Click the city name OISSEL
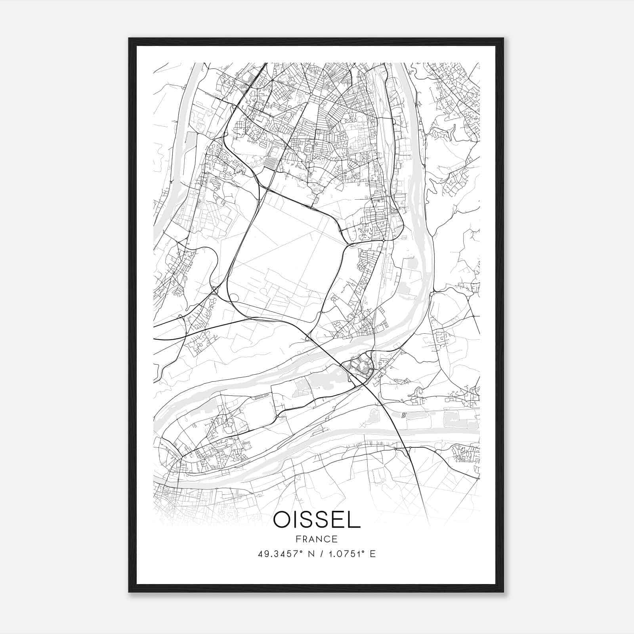(x=317, y=520)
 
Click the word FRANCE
(x=317, y=539)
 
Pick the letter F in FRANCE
(x=298, y=539)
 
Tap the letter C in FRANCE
(x=327, y=539)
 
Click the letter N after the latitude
(x=306, y=554)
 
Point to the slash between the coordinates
(x=317, y=554)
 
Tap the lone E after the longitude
(x=372, y=554)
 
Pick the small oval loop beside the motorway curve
(x=234, y=297)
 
